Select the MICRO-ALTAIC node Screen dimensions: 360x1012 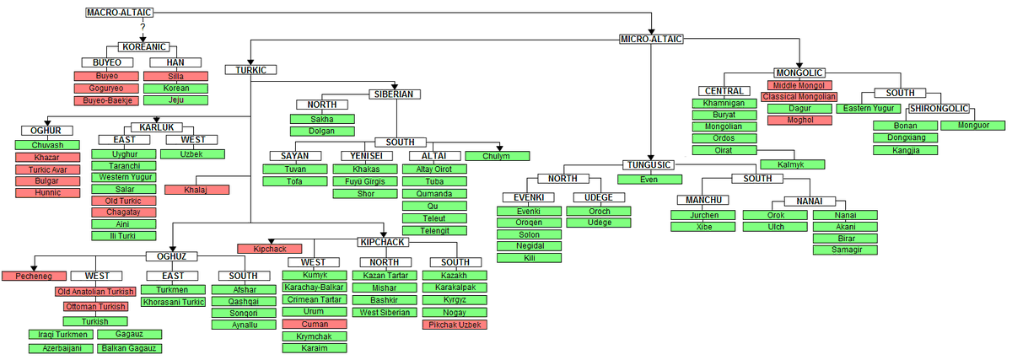(651, 39)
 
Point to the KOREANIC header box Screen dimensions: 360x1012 (143, 48)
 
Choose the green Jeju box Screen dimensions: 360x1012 (176, 99)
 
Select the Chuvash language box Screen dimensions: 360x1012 (47, 145)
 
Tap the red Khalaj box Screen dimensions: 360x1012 (196, 190)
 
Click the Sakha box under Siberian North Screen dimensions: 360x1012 (321, 120)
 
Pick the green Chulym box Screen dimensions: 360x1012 (497, 156)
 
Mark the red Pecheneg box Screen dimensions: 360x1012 (34, 276)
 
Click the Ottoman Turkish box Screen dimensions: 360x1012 (95, 306)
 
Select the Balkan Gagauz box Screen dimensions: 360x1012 (131, 348)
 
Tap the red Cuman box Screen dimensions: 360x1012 (314, 324)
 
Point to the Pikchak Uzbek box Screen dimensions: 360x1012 (455, 324)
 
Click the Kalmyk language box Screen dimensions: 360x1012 (792, 164)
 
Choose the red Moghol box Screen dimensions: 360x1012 (799, 121)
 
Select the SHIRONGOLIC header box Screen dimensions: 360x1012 (939, 109)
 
